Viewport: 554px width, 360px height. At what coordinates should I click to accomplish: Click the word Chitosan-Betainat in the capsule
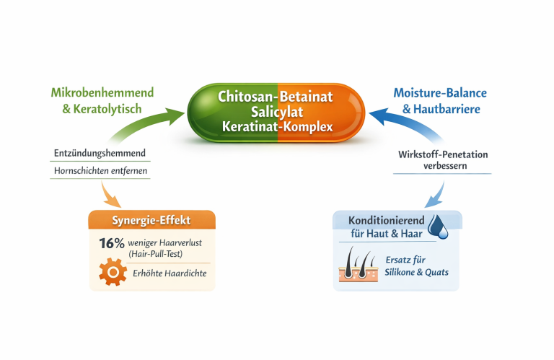tap(278, 96)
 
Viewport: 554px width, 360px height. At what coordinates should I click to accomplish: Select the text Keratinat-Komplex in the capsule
tap(278, 127)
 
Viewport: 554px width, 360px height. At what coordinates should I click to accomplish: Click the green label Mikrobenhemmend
tap(102, 93)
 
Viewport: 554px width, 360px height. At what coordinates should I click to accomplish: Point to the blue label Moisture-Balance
tap(439, 93)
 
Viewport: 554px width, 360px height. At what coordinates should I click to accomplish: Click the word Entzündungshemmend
tap(100, 153)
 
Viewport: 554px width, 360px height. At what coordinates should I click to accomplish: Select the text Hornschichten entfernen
tap(100, 171)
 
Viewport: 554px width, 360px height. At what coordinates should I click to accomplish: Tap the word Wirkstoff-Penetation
tap(442, 153)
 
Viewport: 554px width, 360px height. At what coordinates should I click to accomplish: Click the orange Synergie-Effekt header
tap(151, 220)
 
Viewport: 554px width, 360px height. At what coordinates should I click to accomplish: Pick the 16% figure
tap(112, 242)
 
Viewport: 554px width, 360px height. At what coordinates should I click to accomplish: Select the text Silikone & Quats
tap(416, 272)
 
